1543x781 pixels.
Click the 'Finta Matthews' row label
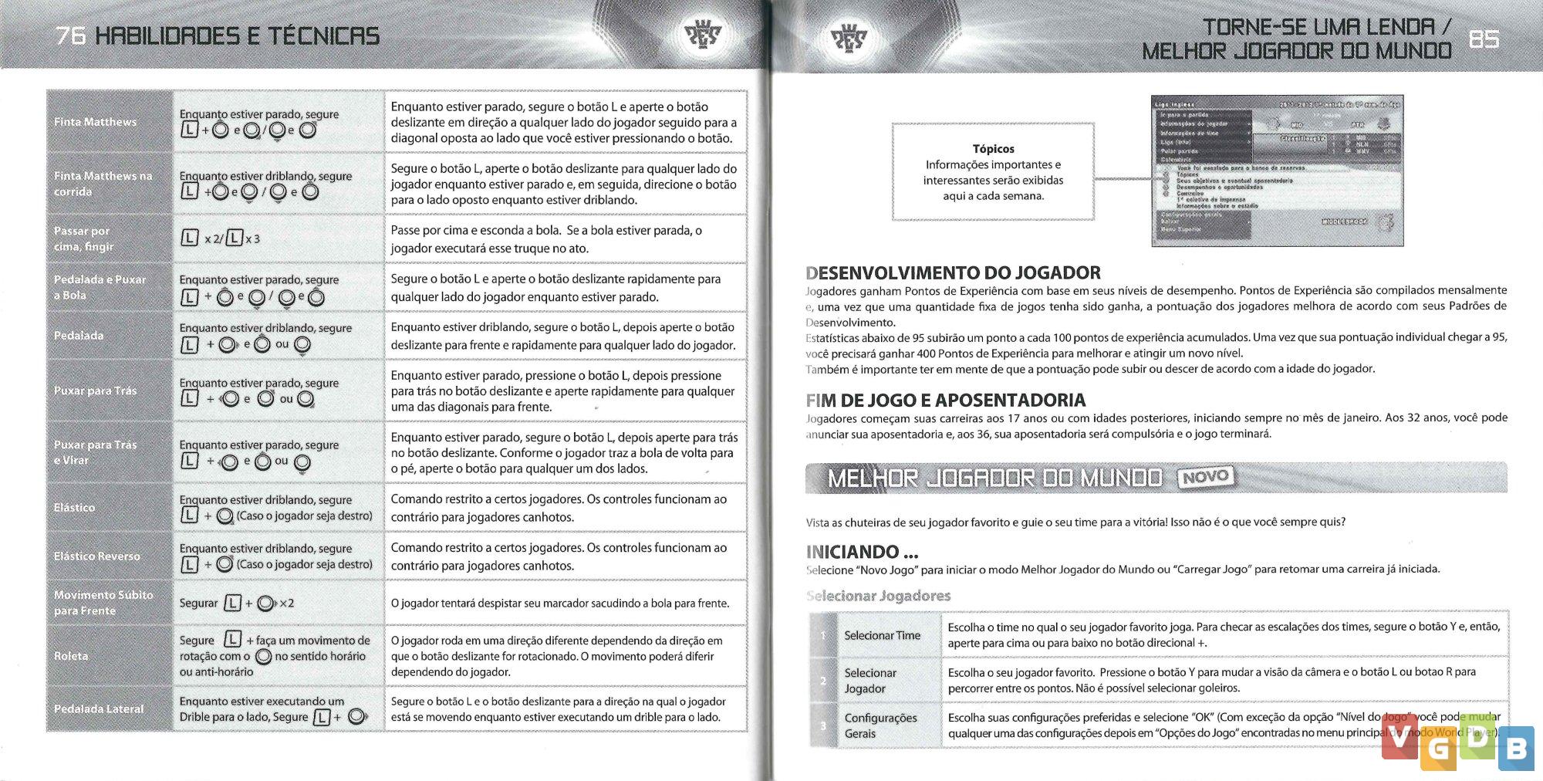point(95,122)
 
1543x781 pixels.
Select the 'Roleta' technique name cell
point(71,656)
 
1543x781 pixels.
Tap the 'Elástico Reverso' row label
point(97,556)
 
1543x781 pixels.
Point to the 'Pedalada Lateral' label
point(99,709)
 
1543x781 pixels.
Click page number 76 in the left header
point(70,36)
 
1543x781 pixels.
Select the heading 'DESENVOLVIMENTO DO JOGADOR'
point(953,272)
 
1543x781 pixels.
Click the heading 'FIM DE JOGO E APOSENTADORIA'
point(945,400)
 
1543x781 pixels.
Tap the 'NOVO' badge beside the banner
point(1206,478)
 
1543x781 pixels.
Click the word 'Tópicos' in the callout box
point(993,149)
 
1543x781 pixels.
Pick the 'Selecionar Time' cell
point(882,636)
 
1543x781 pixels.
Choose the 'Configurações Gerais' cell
point(880,725)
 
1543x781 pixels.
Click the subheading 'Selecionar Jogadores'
point(878,596)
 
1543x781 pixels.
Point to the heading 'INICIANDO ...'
point(862,552)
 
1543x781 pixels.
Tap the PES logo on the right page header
point(848,37)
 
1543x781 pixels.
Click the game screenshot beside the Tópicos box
point(1277,171)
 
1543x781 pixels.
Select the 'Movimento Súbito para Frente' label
point(103,603)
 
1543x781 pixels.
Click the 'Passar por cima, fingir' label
point(83,238)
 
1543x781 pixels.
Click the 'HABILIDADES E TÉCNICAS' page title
point(237,36)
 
